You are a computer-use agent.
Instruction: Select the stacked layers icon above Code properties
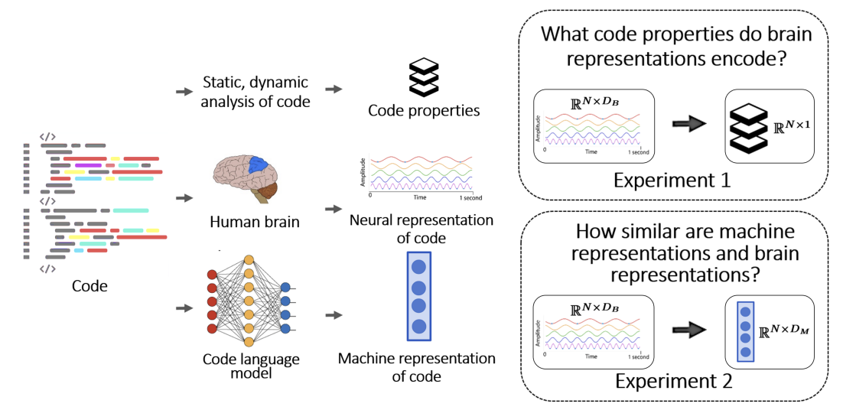(424, 74)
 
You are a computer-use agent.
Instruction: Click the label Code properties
(424, 111)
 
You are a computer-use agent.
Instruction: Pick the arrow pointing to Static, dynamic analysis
(184, 92)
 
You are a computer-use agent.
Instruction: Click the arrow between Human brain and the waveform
(334, 208)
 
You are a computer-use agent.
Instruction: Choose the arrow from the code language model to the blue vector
(334, 314)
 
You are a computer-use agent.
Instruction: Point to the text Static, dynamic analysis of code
(256, 91)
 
